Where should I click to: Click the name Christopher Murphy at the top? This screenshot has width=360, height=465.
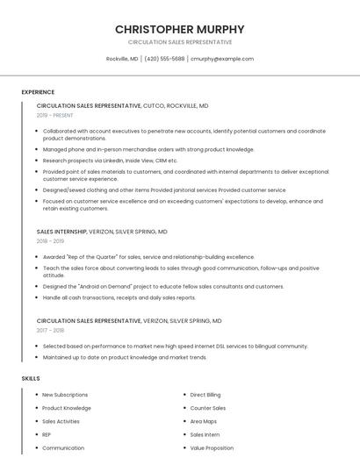pyautogui.click(x=179, y=29)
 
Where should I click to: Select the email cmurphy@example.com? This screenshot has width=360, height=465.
pyautogui.click(x=222, y=59)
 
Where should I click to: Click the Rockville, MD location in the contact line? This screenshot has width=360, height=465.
pyautogui.click(x=122, y=59)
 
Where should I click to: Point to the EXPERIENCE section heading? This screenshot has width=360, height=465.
pyautogui.click(x=38, y=92)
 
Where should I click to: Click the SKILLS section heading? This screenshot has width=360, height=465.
pyautogui.click(x=31, y=378)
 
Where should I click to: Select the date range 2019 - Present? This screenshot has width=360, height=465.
pyautogui.click(x=54, y=115)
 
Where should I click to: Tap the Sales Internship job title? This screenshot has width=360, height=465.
pyautogui.click(x=61, y=232)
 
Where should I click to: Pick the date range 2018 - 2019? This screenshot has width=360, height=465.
pyautogui.click(x=50, y=241)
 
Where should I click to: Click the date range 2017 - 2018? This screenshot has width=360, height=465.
pyautogui.click(x=50, y=331)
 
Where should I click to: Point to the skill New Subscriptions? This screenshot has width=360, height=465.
pyautogui.click(x=65, y=395)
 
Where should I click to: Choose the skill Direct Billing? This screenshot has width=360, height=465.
pyautogui.click(x=205, y=395)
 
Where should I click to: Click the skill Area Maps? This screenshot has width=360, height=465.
pyautogui.click(x=203, y=421)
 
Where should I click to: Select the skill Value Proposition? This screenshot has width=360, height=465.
pyautogui.click(x=212, y=447)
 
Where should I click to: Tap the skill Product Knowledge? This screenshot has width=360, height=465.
pyautogui.click(x=66, y=408)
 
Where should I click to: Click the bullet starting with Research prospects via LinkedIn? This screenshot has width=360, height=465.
pyautogui.click(x=110, y=161)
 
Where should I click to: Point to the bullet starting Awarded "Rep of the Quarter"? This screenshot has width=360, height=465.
pyautogui.click(x=148, y=257)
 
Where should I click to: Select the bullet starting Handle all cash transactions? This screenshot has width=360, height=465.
pyautogui.click(x=119, y=297)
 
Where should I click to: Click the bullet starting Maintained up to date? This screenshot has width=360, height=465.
pyautogui.click(x=125, y=357)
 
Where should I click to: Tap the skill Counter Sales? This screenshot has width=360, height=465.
pyautogui.click(x=207, y=408)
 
